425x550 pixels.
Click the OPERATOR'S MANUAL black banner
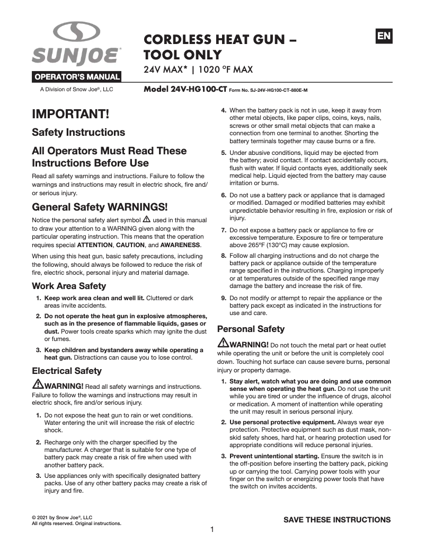[77, 76]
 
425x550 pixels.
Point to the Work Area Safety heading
[69, 286]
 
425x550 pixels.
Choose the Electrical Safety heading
[67, 371]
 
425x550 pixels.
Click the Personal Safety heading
[251, 329]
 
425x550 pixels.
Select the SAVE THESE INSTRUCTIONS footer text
[337, 519]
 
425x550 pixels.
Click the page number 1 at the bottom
[212, 529]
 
